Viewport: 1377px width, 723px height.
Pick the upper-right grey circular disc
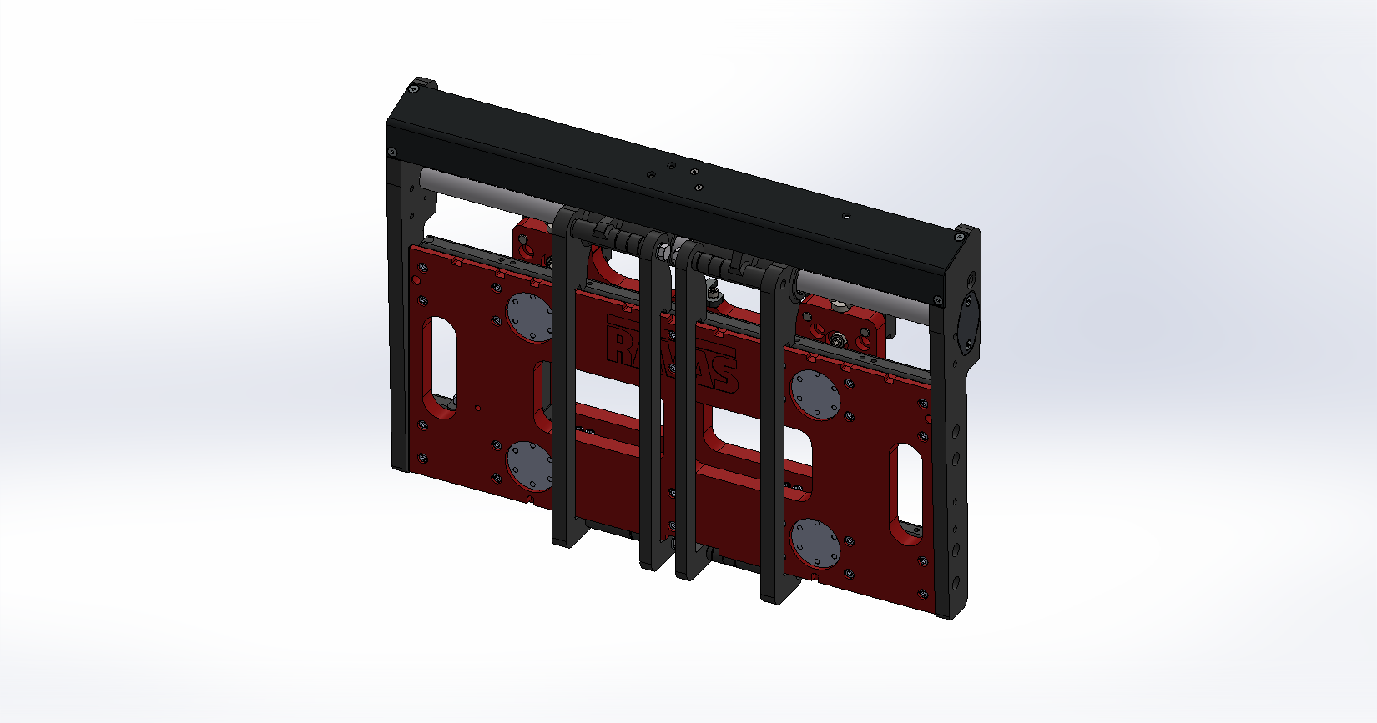(815, 393)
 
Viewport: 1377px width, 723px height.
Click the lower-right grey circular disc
(814, 542)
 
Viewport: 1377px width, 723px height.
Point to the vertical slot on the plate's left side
(439, 359)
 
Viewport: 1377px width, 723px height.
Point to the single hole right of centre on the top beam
(846, 217)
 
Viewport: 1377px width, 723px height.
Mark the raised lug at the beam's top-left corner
(423, 84)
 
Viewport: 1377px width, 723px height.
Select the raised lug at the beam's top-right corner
(967, 231)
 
